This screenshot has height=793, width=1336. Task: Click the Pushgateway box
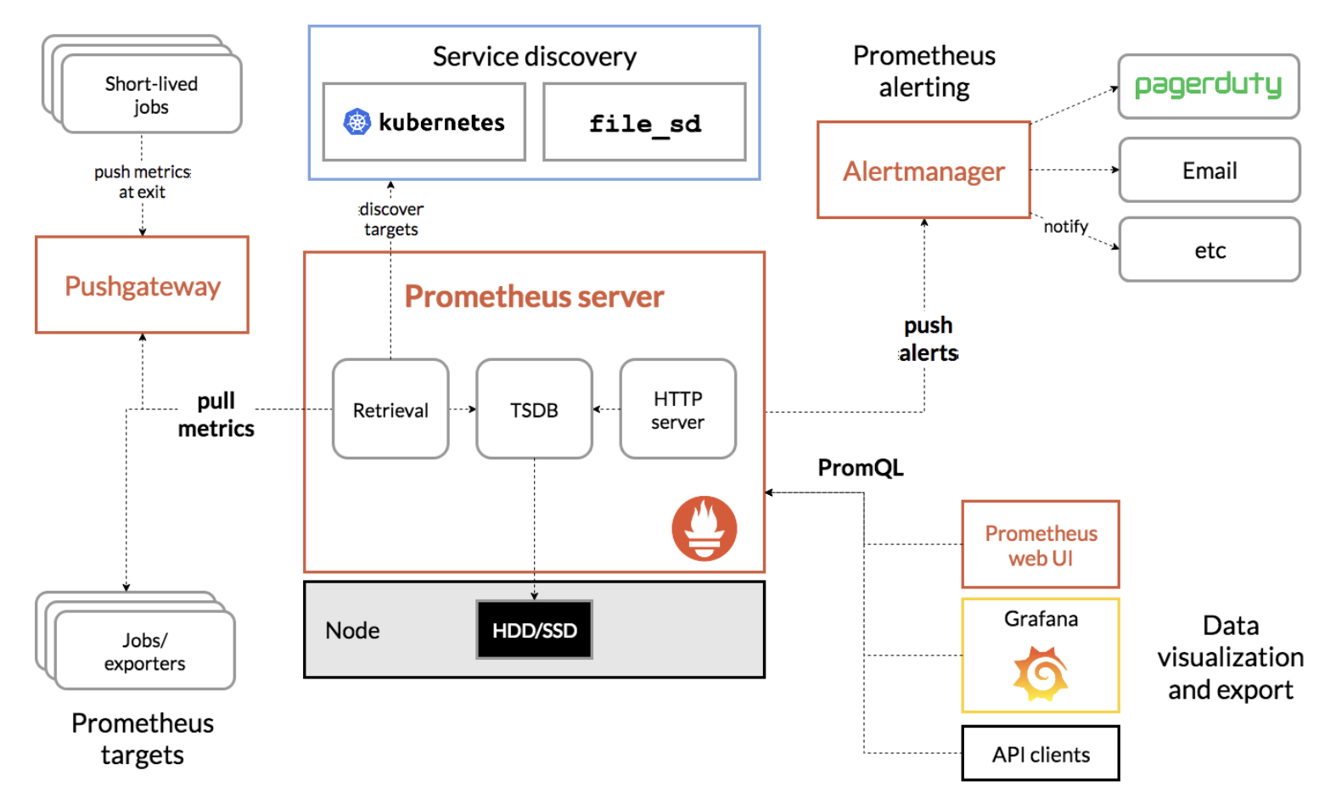pos(142,285)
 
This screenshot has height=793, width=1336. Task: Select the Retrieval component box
pos(390,409)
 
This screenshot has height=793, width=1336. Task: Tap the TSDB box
pos(534,409)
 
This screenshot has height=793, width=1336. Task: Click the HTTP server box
pos(677,409)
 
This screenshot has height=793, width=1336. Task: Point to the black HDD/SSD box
pos(534,630)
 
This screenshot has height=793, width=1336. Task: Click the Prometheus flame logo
pos(704,528)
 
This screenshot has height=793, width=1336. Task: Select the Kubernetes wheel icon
pos(356,122)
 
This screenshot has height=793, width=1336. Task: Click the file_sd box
pos(644,122)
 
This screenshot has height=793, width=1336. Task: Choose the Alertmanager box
pos(923,171)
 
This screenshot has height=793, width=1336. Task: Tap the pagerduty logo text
pos(1208,85)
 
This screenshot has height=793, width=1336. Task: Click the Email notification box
pos(1209,171)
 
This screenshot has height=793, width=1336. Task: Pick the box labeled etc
pos(1209,250)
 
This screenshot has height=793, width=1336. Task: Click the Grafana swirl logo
pos(1041,673)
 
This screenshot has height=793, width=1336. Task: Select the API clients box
pos(1041,754)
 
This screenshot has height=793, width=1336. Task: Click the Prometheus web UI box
pos(1041,545)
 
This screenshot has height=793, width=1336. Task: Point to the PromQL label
pos(860,468)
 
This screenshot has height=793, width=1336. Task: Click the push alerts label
pos(928,339)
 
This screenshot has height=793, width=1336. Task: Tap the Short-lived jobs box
pos(151,95)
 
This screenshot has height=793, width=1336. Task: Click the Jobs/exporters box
pos(144,651)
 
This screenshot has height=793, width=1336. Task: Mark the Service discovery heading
pos(534,56)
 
